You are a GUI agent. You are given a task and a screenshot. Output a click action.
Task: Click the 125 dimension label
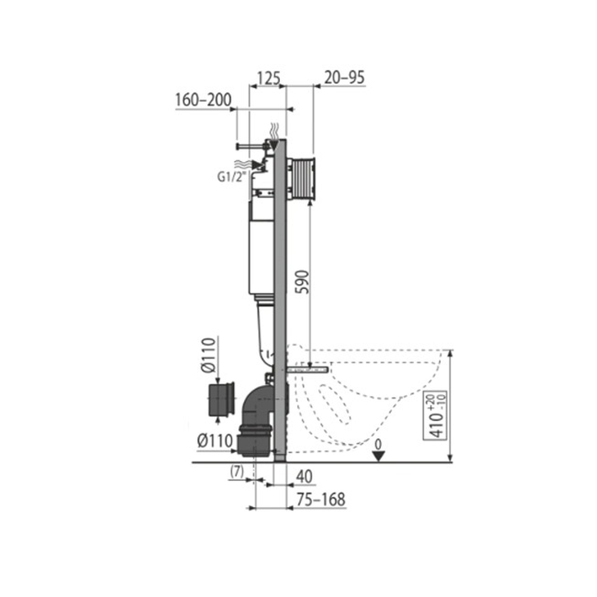coord(269,78)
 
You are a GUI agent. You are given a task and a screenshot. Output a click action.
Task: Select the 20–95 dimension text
coord(344,77)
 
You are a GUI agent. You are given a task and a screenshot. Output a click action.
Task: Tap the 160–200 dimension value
coord(203,100)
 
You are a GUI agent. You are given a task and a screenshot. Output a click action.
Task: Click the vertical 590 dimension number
coord(303,282)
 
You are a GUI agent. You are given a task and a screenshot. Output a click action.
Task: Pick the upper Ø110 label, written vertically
coord(209,355)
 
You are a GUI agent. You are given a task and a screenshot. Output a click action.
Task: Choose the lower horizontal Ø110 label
coord(215,441)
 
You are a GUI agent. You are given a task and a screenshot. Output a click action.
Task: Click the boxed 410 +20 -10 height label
coord(435,416)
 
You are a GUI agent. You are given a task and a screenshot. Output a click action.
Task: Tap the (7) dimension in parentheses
coord(236,472)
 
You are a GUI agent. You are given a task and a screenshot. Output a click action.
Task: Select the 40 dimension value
coord(304,476)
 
